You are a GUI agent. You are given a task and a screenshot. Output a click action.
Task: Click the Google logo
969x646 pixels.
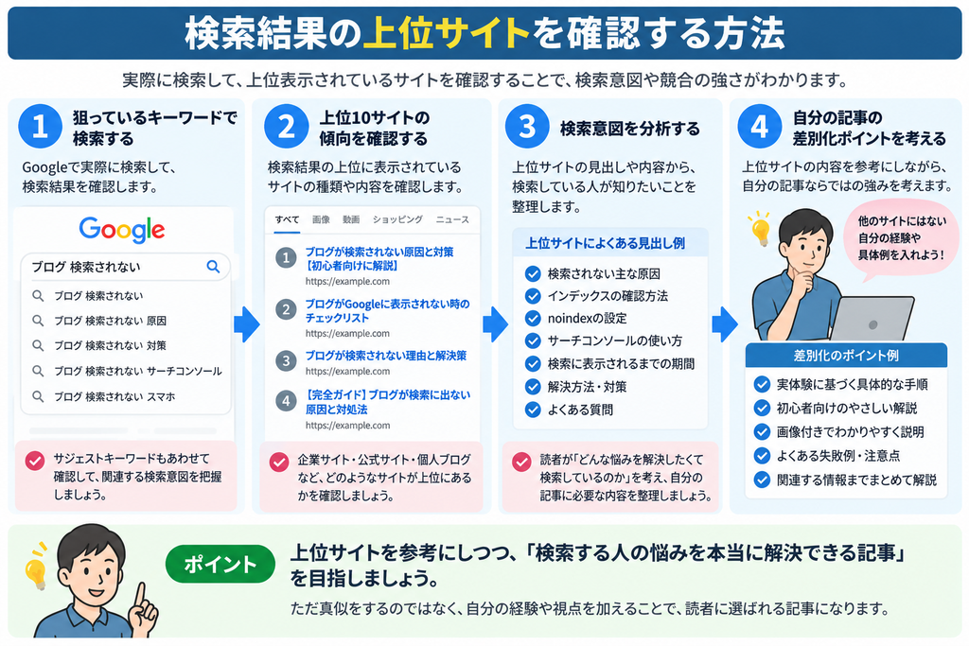pyautogui.click(x=122, y=229)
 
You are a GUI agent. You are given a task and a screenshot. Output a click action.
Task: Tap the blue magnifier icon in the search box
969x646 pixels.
pyautogui.click(x=213, y=266)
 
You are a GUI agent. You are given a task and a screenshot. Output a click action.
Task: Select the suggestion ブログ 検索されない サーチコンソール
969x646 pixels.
pyautogui.click(x=138, y=371)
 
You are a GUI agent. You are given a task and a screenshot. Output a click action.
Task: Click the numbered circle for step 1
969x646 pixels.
pyautogui.click(x=40, y=127)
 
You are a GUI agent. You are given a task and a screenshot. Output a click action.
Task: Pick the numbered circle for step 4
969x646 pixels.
pyautogui.click(x=760, y=127)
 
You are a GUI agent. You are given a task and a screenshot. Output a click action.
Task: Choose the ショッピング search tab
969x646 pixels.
pyautogui.click(x=397, y=219)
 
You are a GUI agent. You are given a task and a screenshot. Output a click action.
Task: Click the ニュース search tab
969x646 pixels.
pyautogui.click(x=452, y=219)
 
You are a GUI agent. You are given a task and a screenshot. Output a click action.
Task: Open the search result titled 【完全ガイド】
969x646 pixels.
pyautogui.click(x=387, y=402)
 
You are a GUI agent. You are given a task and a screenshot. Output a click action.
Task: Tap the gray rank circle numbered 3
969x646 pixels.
pyautogui.click(x=286, y=360)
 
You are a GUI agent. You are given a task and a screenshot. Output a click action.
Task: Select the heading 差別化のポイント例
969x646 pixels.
pyautogui.click(x=846, y=356)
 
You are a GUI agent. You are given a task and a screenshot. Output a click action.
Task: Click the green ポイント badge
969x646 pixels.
pyautogui.click(x=220, y=564)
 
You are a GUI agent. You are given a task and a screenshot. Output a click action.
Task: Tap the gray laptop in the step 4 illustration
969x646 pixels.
pyautogui.click(x=872, y=319)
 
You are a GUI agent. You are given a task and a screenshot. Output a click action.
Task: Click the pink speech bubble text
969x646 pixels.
pyautogui.click(x=902, y=237)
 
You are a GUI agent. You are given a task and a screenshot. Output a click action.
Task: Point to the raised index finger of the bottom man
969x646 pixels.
pyautogui.click(x=140, y=593)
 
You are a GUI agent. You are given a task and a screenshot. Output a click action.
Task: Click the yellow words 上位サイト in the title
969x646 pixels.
pyautogui.click(x=447, y=33)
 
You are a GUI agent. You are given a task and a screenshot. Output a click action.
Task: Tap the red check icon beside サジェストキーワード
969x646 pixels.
pyautogui.click(x=35, y=461)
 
